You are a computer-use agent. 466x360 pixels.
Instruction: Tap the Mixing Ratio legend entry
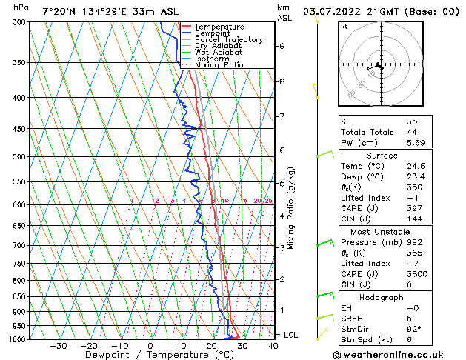point(219,64)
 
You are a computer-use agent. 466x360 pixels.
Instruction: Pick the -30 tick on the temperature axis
point(58,346)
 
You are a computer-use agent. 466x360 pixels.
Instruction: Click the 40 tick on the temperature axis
point(273,346)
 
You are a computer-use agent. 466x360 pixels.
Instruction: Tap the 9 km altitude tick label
point(282,46)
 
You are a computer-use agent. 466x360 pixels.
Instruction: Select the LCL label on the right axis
point(291,335)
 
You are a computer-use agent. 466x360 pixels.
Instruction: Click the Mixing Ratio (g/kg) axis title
point(292,208)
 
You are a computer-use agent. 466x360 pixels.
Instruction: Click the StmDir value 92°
point(413,329)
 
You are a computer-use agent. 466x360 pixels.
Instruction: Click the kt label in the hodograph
point(344,26)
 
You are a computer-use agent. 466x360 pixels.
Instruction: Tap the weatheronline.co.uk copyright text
point(390,355)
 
